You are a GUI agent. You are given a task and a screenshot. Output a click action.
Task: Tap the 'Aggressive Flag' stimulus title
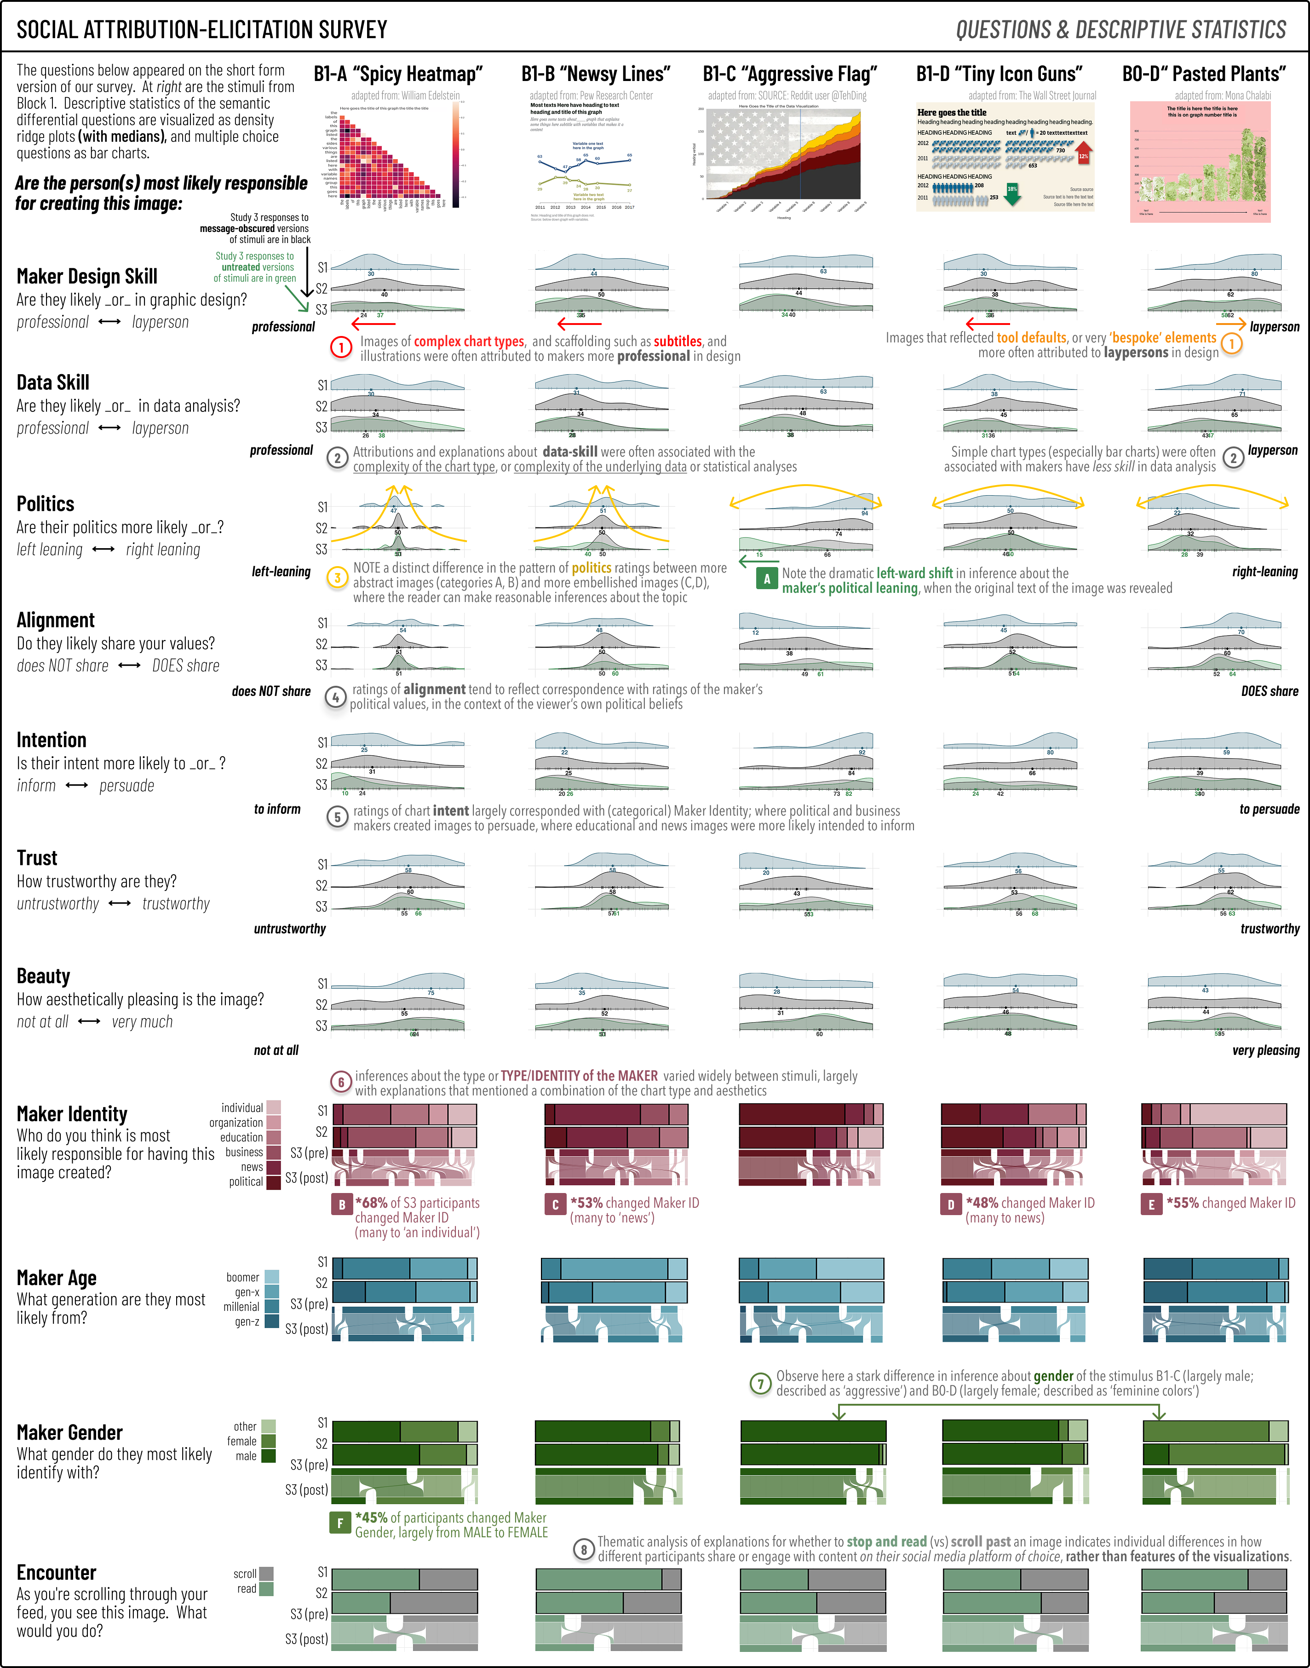(789, 75)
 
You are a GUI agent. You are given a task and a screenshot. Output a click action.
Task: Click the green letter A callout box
(766, 579)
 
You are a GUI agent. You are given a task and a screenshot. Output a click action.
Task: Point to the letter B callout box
(341, 1204)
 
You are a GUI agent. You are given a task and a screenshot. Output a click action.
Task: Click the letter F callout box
(340, 1523)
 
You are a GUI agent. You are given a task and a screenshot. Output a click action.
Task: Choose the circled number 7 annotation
(760, 1384)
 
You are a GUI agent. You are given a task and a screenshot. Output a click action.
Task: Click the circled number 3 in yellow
(338, 578)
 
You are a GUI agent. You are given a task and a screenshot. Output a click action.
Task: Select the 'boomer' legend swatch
(271, 1277)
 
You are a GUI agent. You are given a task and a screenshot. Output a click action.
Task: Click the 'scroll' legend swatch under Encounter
(266, 1574)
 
